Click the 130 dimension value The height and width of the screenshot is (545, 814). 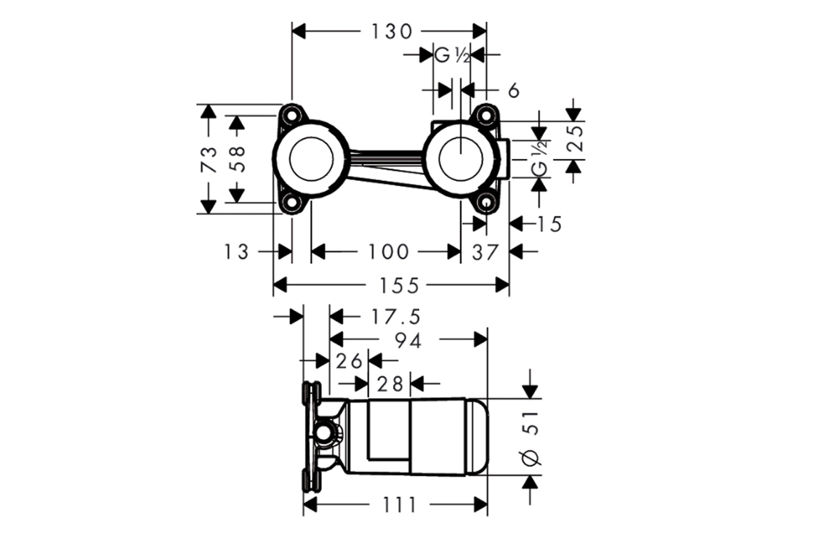(391, 31)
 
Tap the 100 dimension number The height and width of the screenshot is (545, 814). (387, 252)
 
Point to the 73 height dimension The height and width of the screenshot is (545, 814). (209, 158)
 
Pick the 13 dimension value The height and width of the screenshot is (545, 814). (236, 252)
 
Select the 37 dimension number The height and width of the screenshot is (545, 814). (485, 252)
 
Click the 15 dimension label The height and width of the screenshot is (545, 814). (551, 224)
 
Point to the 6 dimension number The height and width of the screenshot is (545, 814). (513, 91)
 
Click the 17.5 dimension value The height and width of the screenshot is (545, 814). (395, 317)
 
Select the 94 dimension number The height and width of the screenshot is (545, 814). (408, 340)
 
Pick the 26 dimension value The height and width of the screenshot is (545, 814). (349, 360)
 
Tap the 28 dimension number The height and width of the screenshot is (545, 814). (390, 382)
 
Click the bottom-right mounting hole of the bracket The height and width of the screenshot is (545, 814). (485, 203)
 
